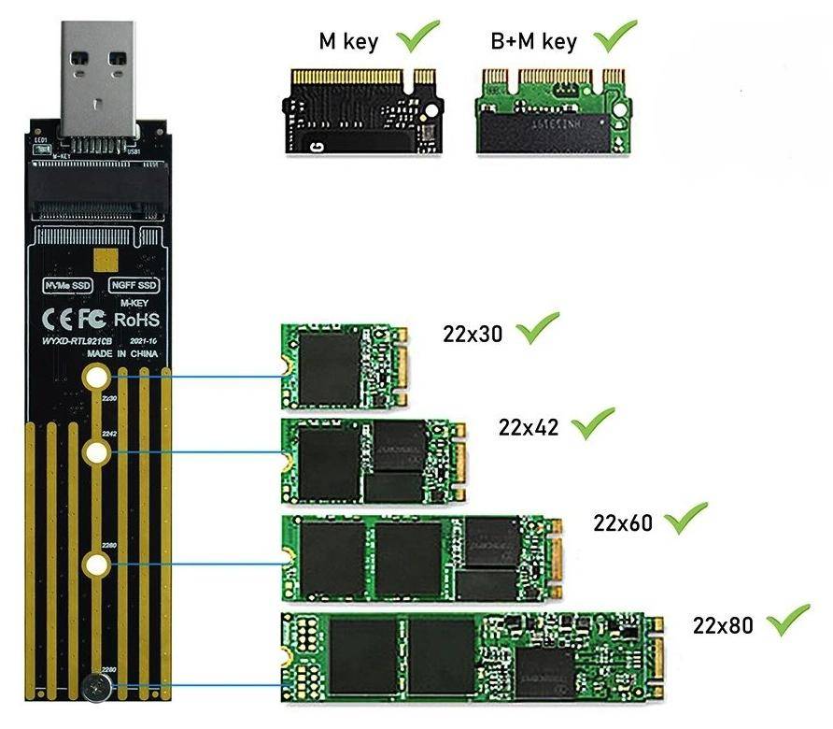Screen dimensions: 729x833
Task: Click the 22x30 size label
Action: pos(473,334)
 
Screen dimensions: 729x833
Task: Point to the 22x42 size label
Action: pos(529,427)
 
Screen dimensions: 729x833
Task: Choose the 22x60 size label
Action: pos(624,522)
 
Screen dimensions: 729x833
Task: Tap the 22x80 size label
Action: pos(723,625)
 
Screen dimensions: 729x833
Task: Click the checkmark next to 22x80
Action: pos(787,621)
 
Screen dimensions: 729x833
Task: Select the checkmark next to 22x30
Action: pos(538,328)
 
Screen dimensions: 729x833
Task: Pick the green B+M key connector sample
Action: pos(551,111)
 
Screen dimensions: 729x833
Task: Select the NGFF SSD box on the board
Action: pos(134,284)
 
